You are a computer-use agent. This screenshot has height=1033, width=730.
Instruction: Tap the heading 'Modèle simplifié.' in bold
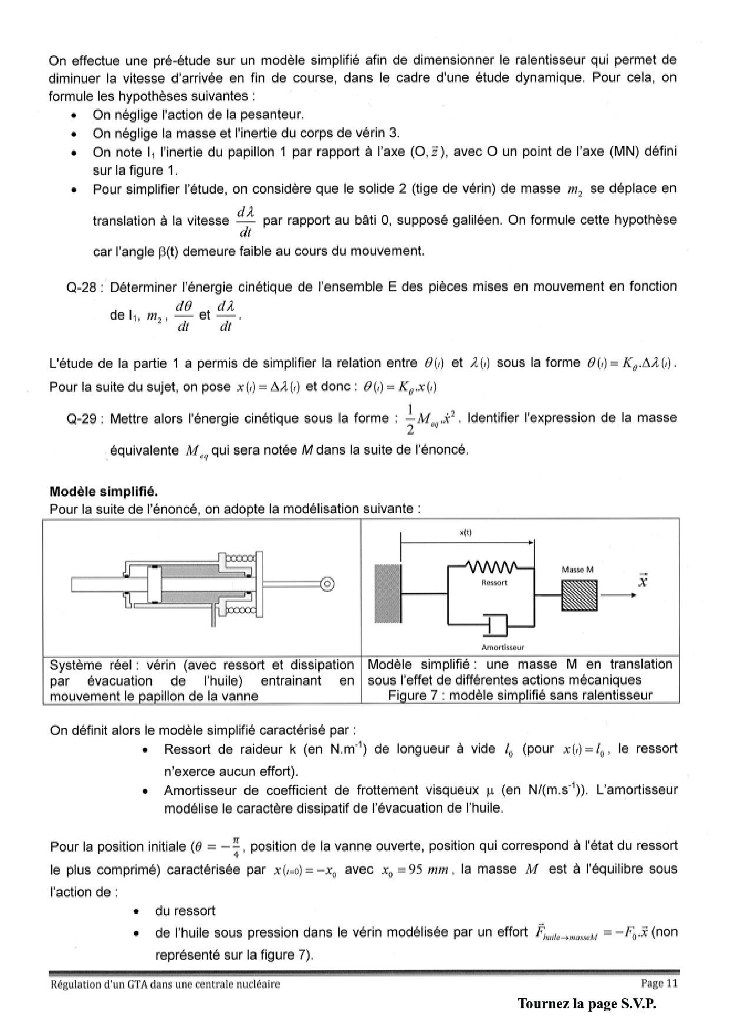104,491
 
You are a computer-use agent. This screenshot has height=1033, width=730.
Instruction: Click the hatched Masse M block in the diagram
579,595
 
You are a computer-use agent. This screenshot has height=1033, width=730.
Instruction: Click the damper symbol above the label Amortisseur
495,625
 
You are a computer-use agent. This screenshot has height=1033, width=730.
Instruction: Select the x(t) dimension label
466,532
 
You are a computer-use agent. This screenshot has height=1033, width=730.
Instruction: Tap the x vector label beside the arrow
643,581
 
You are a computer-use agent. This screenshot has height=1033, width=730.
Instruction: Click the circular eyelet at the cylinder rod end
328,584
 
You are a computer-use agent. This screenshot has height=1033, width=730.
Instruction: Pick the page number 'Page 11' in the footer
659,983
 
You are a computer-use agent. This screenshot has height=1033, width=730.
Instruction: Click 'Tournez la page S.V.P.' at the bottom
587,1004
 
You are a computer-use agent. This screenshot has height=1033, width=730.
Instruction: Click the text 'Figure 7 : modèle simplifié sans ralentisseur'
520,696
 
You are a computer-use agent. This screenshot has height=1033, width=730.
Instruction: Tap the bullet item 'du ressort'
185,911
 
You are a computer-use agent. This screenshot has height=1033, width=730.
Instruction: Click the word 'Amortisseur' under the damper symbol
502,647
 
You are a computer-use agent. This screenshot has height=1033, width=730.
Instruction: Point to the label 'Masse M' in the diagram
578,570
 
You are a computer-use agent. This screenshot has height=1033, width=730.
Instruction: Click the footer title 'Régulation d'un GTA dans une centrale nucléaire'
165,984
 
